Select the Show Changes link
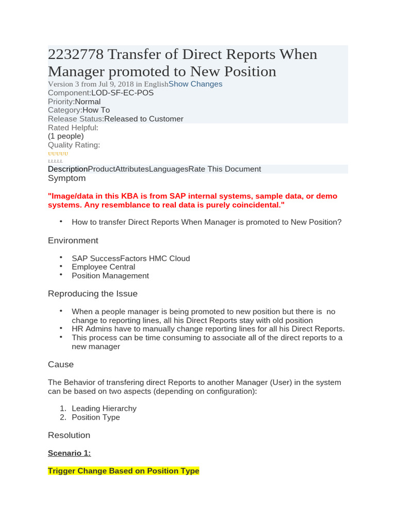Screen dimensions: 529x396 (195, 84)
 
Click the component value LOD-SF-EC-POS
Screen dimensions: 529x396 (122, 93)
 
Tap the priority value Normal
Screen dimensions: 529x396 (88, 102)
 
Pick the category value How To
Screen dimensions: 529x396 (96, 110)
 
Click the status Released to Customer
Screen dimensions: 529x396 (143, 119)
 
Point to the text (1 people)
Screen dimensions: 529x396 (65, 136)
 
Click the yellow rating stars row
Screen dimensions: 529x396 (58, 154)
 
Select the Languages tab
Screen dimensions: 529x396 (169, 169)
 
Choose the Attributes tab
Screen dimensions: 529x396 (132, 169)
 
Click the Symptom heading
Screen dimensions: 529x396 (67, 178)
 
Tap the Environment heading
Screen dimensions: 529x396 (73, 241)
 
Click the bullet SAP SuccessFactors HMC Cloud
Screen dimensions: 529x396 (130, 258)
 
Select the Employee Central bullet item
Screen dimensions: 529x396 (103, 267)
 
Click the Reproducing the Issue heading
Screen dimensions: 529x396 (92, 294)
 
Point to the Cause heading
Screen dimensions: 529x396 (61, 365)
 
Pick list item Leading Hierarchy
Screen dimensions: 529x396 (104, 409)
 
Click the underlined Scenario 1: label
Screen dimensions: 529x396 (69, 453)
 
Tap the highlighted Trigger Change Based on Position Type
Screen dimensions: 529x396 (123, 471)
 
